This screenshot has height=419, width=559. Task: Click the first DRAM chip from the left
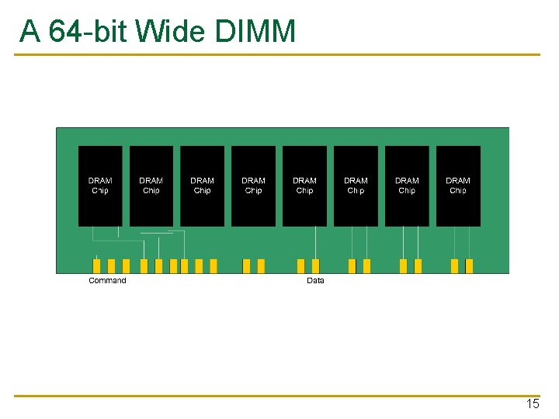click(x=100, y=186)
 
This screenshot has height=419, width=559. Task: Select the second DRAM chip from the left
click(x=151, y=186)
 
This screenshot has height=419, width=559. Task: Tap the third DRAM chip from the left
click(x=202, y=186)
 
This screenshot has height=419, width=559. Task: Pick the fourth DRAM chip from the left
click(x=253, y=186)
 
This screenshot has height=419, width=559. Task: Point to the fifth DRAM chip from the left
click(x=304, y=186)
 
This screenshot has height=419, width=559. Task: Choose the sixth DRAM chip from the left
click(x=356, y=186)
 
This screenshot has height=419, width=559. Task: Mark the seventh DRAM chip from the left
click(x=407, y=186)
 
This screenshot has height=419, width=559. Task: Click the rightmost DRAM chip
click(x=458, y=186)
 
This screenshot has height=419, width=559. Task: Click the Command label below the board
click(x=107, y=280)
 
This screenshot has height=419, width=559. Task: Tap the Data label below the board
click(x=315, y=280)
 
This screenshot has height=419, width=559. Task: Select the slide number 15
click(x=532, y=404)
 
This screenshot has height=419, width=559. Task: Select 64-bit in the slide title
click(x=90, y=32)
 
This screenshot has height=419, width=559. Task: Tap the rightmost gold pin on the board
click(x=469, y=266)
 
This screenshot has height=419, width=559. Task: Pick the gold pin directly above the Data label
click(x=315, y=266)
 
